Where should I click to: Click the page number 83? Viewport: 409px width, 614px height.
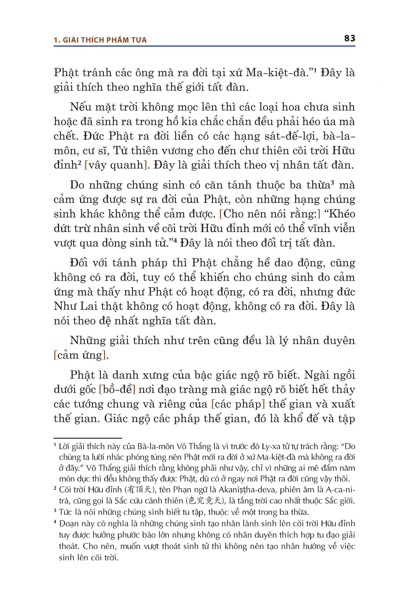[349, 38]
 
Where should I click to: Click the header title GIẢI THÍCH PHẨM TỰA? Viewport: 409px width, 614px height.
[105, 40]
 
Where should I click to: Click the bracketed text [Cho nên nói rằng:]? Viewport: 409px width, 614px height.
[270, 214]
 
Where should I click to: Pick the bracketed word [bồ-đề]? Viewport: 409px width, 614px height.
[117, 390]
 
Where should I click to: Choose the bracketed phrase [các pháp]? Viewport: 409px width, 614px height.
[238, 404]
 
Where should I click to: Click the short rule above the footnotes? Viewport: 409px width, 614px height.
[88, 438]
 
